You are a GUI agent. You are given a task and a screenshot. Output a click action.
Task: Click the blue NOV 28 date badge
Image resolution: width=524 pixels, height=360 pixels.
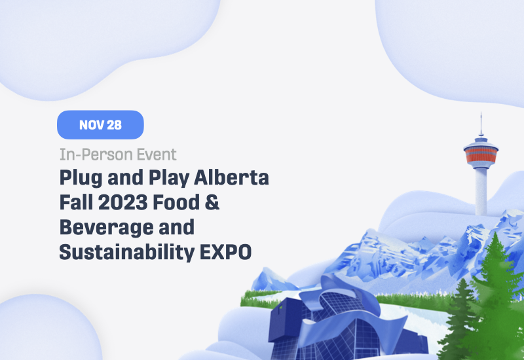(100, 125)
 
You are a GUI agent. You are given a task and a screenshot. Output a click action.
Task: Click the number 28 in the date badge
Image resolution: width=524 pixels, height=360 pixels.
(113, 125)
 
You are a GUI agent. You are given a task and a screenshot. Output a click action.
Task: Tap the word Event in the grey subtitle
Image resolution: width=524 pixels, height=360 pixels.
(156, 155)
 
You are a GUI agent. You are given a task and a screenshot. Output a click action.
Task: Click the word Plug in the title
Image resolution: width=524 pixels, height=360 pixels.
(78, 178)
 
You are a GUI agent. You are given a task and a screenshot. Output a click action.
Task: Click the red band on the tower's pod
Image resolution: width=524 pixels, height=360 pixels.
(481, 156)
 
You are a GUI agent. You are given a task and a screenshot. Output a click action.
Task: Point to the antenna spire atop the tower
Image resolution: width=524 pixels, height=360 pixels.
(481, 124)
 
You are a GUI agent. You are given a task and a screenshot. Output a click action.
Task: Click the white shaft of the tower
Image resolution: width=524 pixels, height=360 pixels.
(481, 190)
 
